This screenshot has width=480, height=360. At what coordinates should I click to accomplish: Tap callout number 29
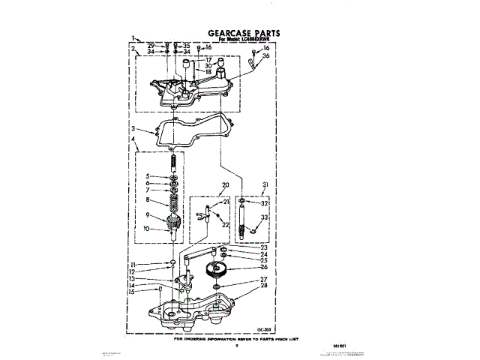pyautogui.click(x=151, y=46)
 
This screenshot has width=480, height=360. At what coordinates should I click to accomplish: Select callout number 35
pyautogui.click(x=187, y=46)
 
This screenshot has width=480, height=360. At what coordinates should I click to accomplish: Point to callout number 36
pyautogui.click(x=265, y=55)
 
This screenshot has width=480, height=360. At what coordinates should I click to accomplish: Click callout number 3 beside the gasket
pyautogui.click(x=133, y=129)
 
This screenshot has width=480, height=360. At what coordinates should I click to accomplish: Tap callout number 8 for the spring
pyautogui.click(x=148, y=200)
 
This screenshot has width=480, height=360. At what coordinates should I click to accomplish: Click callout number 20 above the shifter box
pyautogui.click(x=224, y=184)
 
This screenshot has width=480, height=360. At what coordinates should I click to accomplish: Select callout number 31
pyautogui.click(x=264, y=185)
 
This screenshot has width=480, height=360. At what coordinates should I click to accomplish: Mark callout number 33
pyautogui.click(x=264, y=217)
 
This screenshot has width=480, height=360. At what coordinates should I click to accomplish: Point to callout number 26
pyautogui.click(x=263, y=266)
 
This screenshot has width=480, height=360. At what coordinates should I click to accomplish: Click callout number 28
pyautogui.click(x=263, y=286)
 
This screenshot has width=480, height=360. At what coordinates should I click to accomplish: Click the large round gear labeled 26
pyautogui.click(x=219, y=267)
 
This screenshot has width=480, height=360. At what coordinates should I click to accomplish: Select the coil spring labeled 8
pyautogui.click(x=174, y=202)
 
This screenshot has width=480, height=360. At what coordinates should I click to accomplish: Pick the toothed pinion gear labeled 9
pyautogui.click(x=174, y=223)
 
